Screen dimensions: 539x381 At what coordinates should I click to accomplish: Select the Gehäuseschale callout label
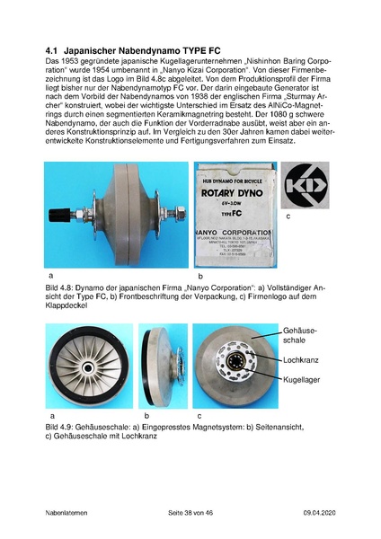pos(303,337)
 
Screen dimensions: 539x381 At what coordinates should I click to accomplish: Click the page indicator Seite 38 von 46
pos(195,511)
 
